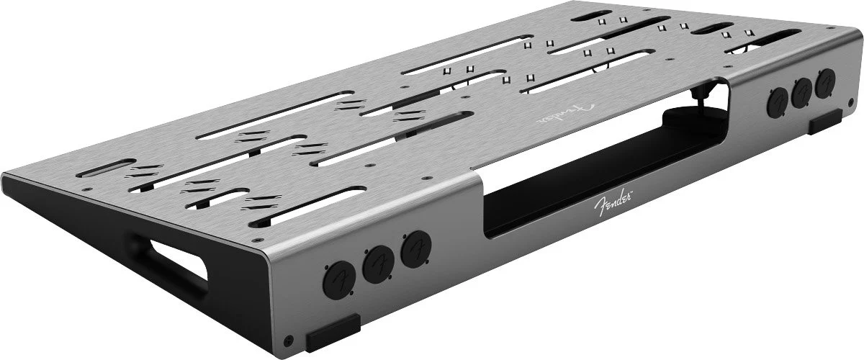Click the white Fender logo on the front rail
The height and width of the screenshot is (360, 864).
[x=612, y=203]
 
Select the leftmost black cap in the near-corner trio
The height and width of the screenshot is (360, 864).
[x=339, y=280]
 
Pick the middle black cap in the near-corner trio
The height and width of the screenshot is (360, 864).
[x=379, y=265]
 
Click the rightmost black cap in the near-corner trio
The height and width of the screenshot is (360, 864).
[x=416, y=249]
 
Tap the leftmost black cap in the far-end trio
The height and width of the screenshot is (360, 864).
[x=777, y=102]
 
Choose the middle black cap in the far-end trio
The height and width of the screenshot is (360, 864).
[x=801, y=93]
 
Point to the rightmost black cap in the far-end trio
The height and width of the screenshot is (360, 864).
[x=825, y=83]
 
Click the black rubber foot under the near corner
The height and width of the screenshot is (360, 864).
[x=333, y=333]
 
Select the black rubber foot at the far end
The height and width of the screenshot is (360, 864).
[x=825, y=122]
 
